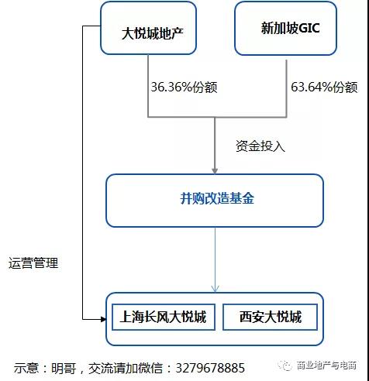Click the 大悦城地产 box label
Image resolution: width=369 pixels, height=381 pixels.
153,33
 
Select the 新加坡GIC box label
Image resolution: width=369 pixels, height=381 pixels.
291,28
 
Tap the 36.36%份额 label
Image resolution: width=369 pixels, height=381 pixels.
184,87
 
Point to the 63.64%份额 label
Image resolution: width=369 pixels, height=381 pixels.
324,87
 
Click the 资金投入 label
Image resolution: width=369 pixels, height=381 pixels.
260,146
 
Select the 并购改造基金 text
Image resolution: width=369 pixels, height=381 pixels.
217,198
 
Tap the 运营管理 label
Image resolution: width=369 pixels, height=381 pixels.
33,263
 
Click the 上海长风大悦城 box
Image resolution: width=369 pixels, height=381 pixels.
164,317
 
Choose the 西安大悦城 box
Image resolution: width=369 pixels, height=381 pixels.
270,317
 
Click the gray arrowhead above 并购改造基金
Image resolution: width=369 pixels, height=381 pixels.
215,171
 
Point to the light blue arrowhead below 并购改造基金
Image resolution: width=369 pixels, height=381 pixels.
215,288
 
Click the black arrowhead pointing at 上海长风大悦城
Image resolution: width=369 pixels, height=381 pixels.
103,319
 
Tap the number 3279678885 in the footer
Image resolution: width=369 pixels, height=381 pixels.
210,368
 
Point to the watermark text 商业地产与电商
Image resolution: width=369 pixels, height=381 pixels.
326,366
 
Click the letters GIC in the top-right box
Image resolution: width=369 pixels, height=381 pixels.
309,28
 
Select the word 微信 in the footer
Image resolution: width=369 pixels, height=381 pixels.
150,368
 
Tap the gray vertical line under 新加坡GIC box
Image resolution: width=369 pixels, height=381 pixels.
286,88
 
